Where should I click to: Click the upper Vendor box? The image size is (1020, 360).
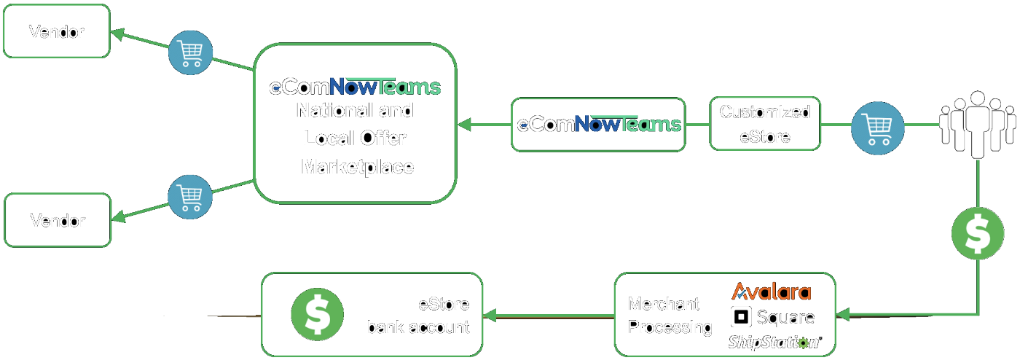point(56,31)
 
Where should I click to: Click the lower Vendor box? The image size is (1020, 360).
point(58,220)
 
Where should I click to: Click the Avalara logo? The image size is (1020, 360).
point(771,292)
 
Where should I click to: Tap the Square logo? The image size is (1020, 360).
point(772,317)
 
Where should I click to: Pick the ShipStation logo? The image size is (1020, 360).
point(774,342)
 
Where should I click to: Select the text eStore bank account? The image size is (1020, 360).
point(418,316)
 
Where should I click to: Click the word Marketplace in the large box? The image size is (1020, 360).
point(357,166)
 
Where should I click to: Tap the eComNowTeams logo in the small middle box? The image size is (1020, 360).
point(598,124)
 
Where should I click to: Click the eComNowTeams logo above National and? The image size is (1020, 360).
point(355,88)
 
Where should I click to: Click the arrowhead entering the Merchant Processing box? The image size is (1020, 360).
point(844,315)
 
